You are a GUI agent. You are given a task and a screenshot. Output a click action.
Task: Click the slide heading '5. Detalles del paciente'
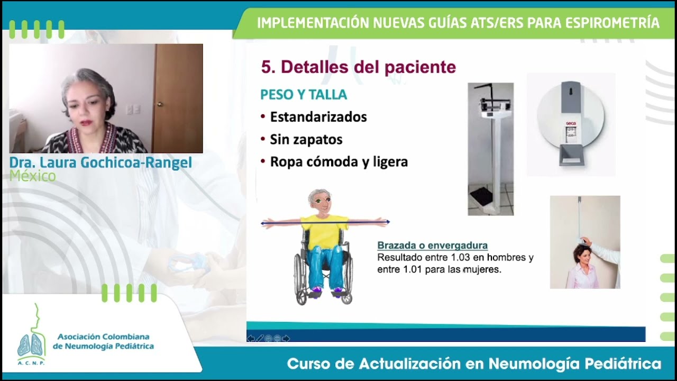[x=358, y=67]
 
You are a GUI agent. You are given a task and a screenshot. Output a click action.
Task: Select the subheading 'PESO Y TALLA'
[x=304, y=95]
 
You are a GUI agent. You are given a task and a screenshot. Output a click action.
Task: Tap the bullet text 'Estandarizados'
[x=318, y=117]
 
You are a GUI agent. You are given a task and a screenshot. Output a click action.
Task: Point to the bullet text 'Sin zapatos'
[x=306, y=140]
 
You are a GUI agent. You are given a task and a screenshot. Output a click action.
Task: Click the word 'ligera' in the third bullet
[x=390, y=162]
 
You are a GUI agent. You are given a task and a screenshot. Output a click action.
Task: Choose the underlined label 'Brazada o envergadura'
[x=432, y=246]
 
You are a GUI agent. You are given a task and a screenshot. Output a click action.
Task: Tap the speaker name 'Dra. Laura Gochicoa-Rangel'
[x=100, y=162]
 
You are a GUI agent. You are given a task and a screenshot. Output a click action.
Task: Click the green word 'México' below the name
[x=32, y=176]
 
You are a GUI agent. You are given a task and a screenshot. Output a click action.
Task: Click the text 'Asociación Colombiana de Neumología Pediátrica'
[x=103, y=341]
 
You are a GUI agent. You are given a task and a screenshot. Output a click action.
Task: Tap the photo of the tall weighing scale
[x=490, y=149]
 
